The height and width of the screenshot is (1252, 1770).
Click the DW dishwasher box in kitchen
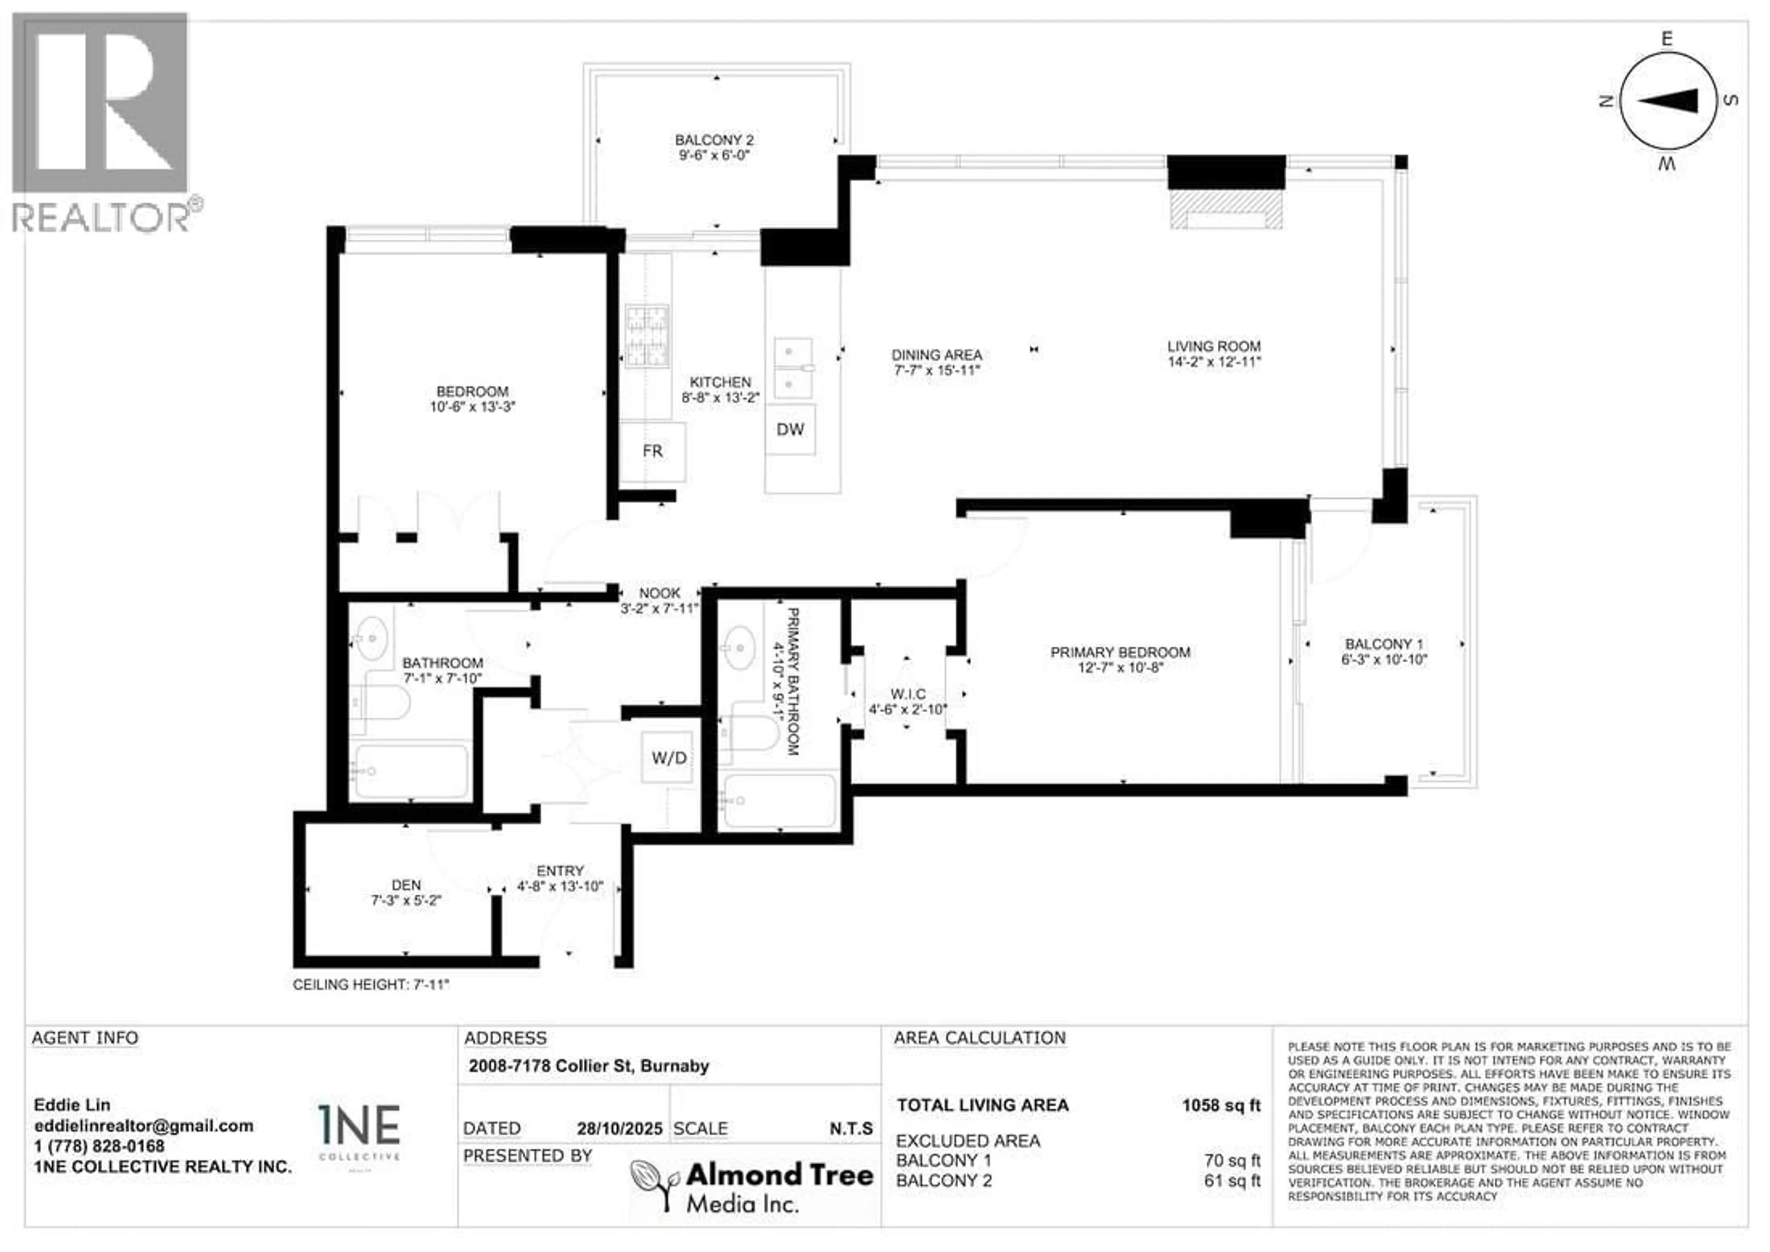pyautogui.click(x=790, y=430)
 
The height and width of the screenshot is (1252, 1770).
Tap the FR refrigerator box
pyautogui.click(x=652, y=451)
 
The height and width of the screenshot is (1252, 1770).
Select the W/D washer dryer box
pyautogui.click(x=668, y=758)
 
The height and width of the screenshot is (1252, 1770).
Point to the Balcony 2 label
pyautogui.click(x=714, y=140)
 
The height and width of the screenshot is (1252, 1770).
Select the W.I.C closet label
pyautogui.click(x=908, y=694)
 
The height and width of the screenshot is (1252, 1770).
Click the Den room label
pyautogui.click(x=406, y=885)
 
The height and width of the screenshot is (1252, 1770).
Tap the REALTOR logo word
pyautogui.click(x=100, y=218)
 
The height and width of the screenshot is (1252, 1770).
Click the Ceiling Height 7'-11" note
pyautogui.click(x=370, y=985)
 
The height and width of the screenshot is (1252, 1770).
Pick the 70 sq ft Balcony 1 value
pyautogui.click(x=1232, y=1160)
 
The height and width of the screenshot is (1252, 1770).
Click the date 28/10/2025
pyautogui.click(x=619, y=1128)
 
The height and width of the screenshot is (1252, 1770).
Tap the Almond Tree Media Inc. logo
pyautogui.click(x=752, y=1187)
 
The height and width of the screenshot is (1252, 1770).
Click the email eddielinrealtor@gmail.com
pyautogui.click(x=143, y=1126)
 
